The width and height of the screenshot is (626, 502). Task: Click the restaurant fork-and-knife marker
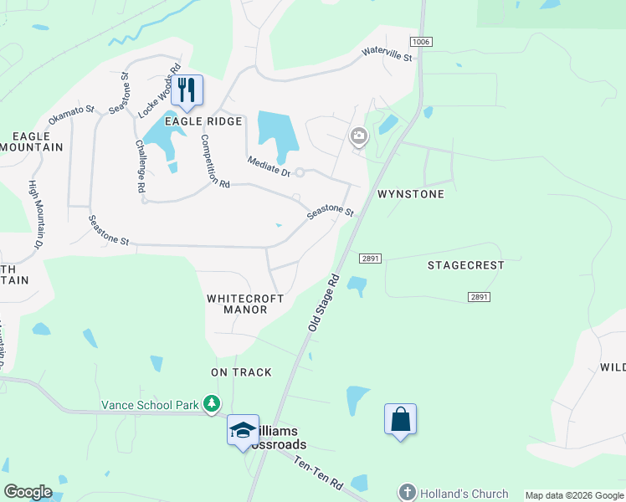click(187, 90)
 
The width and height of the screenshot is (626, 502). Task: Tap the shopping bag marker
click(401, 419)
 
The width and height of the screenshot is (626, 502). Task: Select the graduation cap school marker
click(243, 430)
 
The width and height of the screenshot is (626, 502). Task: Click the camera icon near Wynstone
click(359, 136)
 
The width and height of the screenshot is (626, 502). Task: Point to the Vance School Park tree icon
click(213, 405)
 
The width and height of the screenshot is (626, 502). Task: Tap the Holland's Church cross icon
click(407, 492)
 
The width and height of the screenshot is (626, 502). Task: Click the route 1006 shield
click(420, 41)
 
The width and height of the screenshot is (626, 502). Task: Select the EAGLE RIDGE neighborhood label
click(203, 121)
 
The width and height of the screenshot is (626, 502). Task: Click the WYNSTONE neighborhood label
click(410, 193)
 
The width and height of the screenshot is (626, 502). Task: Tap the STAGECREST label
click(465, 265)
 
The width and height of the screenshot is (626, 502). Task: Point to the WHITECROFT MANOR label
click(245, 304)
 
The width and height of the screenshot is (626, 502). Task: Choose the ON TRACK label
click(241, 371)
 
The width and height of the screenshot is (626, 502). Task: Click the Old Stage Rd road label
click(323, 300)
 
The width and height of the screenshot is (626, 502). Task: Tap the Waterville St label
click(387, 55)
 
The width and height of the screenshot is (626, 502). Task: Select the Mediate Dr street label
click(268, 166)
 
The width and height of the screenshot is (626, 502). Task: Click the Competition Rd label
click(214, 162)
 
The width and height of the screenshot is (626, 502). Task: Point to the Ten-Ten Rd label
click(319, 473)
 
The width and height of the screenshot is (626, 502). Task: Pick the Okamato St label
click(72, 115)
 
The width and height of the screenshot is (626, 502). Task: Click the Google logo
click(28, 492)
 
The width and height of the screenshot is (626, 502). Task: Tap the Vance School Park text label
click(151, 405)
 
